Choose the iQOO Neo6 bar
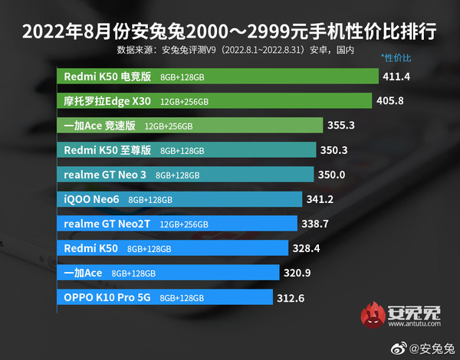(x=179, y=199)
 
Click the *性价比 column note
(x=396, y=57)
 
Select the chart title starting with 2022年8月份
(x=230, y=33)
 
